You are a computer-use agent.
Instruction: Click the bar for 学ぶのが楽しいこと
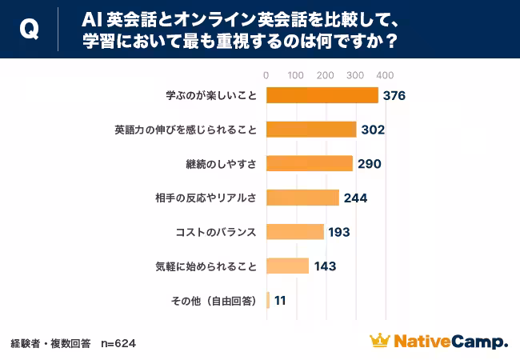(x=322, y=95)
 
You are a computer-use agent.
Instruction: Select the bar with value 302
(x=310, y=130)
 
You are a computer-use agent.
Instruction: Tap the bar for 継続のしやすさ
(x=309, y=163)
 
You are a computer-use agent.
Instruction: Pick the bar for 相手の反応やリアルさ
(x=302, y=198)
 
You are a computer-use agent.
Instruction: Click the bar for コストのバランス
(x=294, y=232)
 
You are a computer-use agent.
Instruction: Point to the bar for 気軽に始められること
(x=287, y=266)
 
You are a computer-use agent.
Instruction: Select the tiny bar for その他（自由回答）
(x=268, y=300)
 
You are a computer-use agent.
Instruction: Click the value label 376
(x=394, y=96)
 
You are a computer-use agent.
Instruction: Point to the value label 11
(x=280, y=301)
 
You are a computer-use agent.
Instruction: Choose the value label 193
(x=339, y=233)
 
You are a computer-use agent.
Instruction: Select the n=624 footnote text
(x=118, y=343)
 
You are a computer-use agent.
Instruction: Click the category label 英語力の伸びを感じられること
(x=186, y=130)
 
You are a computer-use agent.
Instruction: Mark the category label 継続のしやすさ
(x=220, y=164)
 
